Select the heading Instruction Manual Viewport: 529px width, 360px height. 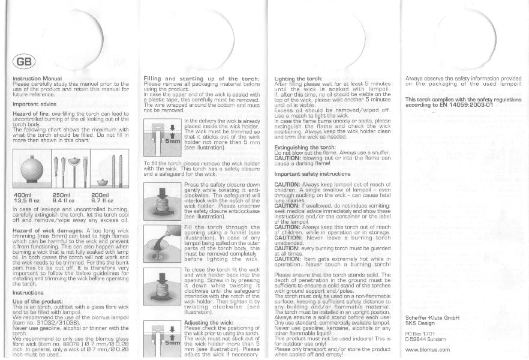pos(37,79)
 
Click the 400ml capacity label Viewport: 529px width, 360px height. pos(22,195)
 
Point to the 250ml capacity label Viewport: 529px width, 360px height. pos(62,195)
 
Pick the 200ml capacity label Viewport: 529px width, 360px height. pos(100,195)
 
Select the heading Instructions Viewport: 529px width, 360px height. pos(28,292)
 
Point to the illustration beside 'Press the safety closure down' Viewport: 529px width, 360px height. pos(163,199)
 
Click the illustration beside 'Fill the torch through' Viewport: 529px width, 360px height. pos(163,242)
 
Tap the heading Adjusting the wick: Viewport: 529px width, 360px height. pos(209,322)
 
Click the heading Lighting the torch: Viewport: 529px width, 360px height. pos(298,79)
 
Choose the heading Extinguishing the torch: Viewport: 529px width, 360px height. pos(305,147)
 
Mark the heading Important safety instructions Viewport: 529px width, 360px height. pos(312,173)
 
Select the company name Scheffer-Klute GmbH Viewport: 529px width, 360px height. pos(432,317)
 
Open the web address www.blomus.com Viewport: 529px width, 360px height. pos(428,349)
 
